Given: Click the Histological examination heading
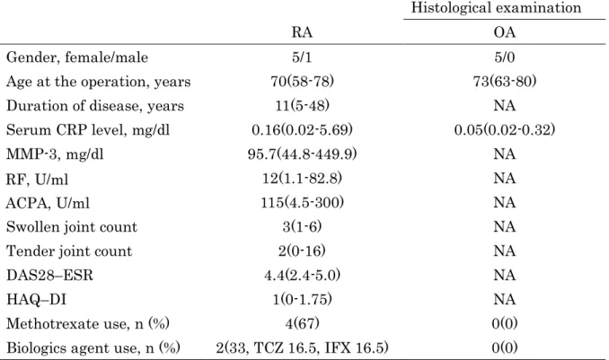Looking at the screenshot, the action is tap(496, 8).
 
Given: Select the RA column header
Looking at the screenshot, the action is tap(302, 31).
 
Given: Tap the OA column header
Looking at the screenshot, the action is tap(505, 31).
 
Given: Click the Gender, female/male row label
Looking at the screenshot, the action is tap(77, 57).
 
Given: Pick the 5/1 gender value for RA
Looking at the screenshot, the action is tap(302, 57).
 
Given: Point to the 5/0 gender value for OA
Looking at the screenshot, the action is tap(505, 57).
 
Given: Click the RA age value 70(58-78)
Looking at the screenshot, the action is tap(302, 82).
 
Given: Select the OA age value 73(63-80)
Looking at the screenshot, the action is tap(505, 82).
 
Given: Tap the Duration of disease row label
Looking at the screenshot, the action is tap(95, 106).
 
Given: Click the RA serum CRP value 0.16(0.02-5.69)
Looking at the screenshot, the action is tap(302, 129).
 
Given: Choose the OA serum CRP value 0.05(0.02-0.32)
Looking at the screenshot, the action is tap(505, 129).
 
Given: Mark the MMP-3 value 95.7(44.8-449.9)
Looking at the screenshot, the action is tap(302, 154).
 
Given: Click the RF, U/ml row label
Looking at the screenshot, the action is tap(38, 179).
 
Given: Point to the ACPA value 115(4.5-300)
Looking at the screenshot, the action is tap(302, 202).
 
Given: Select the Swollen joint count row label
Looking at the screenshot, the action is tap(72, 227).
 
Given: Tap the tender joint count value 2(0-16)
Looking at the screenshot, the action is tap(302, 250).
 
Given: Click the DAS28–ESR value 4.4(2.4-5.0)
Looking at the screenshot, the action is tap(302, 275).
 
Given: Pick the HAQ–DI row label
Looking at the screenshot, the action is tap(36, 300).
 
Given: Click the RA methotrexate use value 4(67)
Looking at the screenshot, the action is tap(302, 323).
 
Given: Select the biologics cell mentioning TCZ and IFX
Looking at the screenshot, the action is tap(302, 347).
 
